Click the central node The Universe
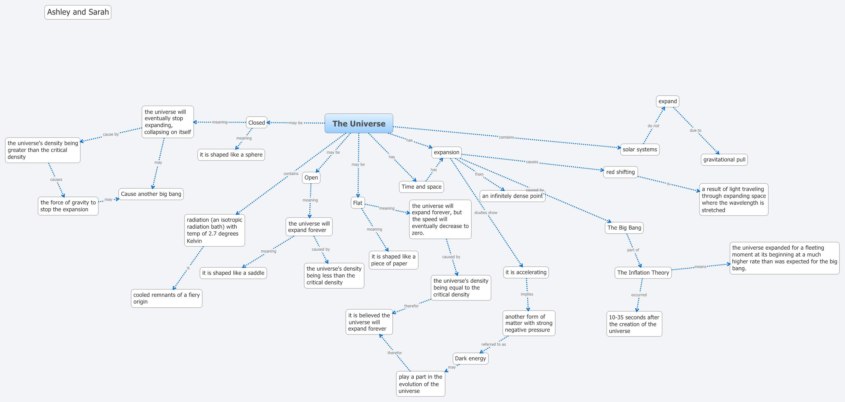click(x=359, y=124)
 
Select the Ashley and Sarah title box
click(x=78, y=12)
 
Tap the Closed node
click(x=257, y=123)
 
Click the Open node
click(x=311, y=178)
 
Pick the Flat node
click(x=358, y=203)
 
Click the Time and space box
click(x=422, y=187)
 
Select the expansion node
click(x=446, y=152)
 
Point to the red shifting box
click(x=620, y=172)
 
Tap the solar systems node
click(x=640, y=149)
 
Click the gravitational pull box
click(x=724, y=160)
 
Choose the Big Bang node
click(x=624, y=228)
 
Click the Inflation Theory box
click(x=643, y=273)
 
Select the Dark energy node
click(x=470, y=359)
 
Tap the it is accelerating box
click(x=526, y=273)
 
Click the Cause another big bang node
click(x=151, y=194)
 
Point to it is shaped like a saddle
click(x=233, y=273)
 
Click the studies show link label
click(x=485, y=213)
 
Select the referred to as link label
click(x=493, y=345)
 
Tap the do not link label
click(x=653, y=126)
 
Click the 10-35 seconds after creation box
click(x=634, y=324)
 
